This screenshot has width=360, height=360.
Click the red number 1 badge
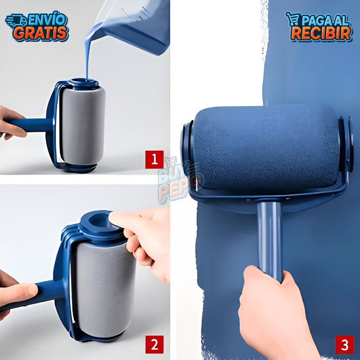tap(154, 160)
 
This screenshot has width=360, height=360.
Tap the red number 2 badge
tap(154, 344)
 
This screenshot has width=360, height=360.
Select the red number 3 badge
tap(345, 345)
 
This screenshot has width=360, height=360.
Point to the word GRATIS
tap(42, 33)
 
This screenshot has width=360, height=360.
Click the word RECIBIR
tap(321, 33)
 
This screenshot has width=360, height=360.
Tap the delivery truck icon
tap(16, 21)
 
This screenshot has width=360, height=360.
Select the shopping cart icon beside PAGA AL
tap(293, 19)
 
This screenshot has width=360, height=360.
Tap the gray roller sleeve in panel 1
tap(83, 126)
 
